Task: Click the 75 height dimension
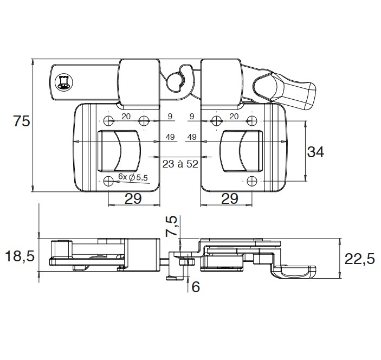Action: coord(22,121)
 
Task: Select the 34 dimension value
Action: coord(315,152)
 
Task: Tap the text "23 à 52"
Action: coord(180,164)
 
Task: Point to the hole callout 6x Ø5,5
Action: coord(133,177)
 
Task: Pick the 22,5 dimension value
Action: coord(359,259)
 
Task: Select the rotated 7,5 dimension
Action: coord(171,227)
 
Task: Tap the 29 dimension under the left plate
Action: coord(133,198)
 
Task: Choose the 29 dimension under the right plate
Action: coord(230,198)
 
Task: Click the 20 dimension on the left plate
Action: coord(126,116)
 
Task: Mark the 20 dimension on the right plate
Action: coord(234,116)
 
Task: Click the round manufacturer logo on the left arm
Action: coord(63,83)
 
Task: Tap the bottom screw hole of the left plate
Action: coord(108,181)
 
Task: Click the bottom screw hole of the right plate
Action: coord(251,181)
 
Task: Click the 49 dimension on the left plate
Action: coord(170,137)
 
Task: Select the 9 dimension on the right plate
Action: coord(191,116)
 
